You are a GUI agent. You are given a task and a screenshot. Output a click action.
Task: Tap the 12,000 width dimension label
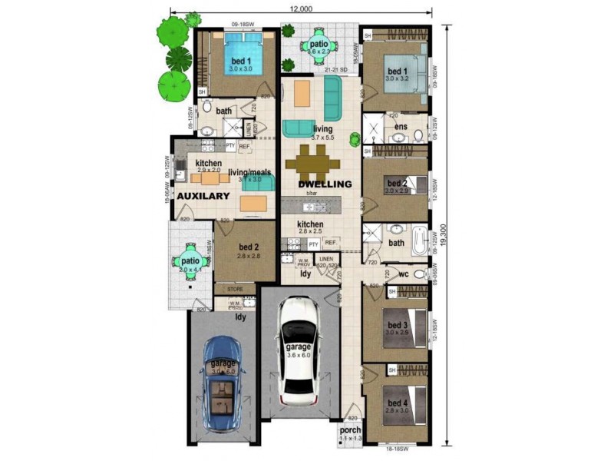[x=300, y=8]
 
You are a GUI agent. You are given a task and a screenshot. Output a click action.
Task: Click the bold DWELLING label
[x=325, y=184]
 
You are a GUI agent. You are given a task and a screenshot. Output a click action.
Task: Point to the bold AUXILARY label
[x=203, y=197]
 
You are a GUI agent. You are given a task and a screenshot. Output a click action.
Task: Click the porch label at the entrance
[x=350, y=429]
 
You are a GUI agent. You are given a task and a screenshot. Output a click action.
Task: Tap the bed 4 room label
[x=397, y=403]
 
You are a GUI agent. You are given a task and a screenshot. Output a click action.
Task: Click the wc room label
[x=403, y=274]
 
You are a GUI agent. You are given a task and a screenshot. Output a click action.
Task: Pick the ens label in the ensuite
[x=401, y=127]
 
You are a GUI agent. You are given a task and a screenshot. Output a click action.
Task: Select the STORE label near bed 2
[x=235, y=290]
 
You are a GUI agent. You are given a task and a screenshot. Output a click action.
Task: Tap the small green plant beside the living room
[x=355, y=139]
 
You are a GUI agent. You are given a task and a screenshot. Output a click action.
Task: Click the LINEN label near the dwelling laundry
[x=326, y=260]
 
